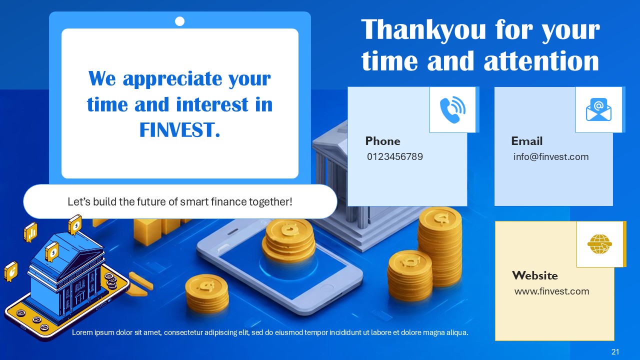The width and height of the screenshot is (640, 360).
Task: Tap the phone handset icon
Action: (x=452, y=110)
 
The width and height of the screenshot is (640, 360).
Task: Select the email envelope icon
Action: (x=598, y=110)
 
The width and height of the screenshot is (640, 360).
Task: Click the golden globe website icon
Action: (x=599, y=244)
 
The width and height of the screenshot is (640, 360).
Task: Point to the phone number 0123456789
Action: (x=394, y=157)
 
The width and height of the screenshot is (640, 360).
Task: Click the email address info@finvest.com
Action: (x=550, y=157)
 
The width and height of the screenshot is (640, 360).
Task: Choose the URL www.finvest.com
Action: (x=551, y=291)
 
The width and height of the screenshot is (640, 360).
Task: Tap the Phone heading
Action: (x=382, y=141)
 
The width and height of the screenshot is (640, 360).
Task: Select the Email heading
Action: (x=526, y=141)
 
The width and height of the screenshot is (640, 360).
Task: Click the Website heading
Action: (x=534, y=275)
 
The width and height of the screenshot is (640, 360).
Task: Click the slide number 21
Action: (x=615, y=352)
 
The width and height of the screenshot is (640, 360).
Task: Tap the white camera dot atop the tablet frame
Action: (x=180, y=21)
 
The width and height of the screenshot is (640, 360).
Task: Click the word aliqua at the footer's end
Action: (x=456, y=332)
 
